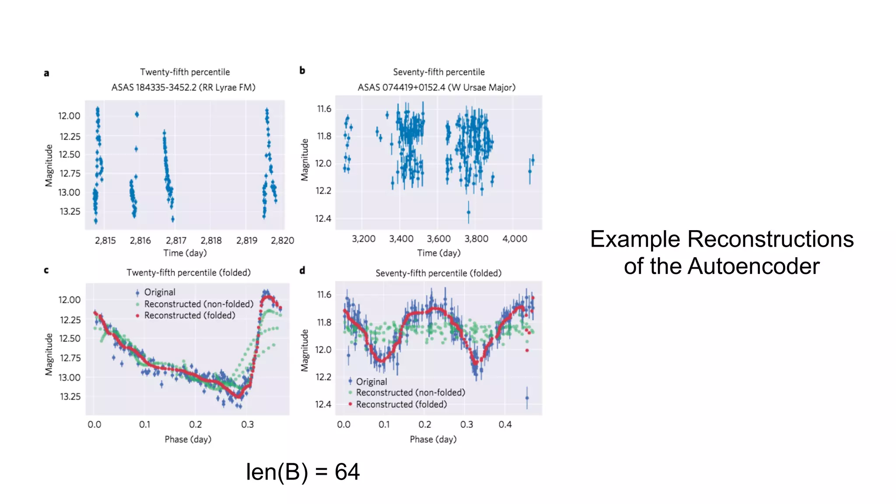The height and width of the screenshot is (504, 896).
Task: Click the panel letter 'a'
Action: coord(46,73)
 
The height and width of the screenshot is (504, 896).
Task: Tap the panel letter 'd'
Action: coord(302,270)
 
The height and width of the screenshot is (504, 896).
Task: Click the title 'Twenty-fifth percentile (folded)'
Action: coord(189,273)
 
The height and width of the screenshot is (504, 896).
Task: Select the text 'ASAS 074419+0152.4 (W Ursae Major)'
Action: coord(436,87)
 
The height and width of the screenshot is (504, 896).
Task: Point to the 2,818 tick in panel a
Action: coord(211,241)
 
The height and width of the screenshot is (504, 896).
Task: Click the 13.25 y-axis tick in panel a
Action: coord(70,212)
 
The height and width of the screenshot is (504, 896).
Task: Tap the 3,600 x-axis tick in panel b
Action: coord(438,239)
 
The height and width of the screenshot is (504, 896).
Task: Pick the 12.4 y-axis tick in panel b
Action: coord(323,218)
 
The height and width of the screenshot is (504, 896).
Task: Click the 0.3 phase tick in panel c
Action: coord(247,424)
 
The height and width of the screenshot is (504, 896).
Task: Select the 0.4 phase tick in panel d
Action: coord(505,424)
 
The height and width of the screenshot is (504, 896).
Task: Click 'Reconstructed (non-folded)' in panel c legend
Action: coord(199,304)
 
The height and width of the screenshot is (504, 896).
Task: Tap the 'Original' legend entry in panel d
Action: coord(371,381)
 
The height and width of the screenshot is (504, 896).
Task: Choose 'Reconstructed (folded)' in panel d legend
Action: coord(401,404)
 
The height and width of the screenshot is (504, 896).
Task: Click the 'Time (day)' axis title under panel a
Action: coord(185,253)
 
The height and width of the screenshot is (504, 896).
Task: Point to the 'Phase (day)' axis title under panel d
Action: coord(433,439)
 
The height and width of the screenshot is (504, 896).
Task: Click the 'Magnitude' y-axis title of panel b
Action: coord(304,160)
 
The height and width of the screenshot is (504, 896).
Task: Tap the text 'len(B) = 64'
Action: coord(302,472)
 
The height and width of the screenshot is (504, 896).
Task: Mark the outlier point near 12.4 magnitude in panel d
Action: coord(527,398)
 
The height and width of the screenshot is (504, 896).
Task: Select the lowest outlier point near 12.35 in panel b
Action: coord(468,212)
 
